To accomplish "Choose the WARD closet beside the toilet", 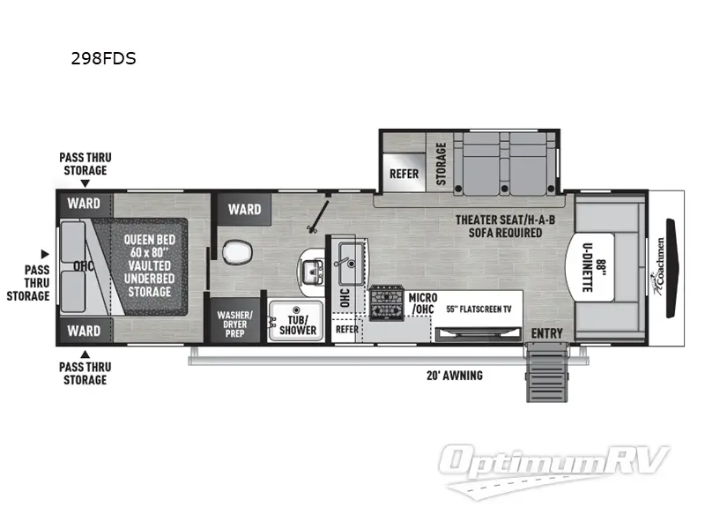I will (x=244, y=209).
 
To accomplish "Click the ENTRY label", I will (x=547, y=333).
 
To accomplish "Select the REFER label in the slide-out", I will (x=404, y=173).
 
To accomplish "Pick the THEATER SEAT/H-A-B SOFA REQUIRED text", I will (x=498, y=227).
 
